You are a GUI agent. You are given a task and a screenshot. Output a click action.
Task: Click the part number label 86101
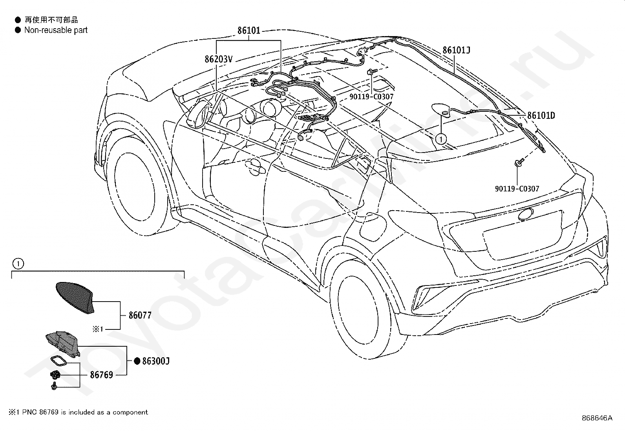[249, 30]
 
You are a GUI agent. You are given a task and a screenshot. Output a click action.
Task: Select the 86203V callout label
[218, 59]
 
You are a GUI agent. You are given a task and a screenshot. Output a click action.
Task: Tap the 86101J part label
[457, 50]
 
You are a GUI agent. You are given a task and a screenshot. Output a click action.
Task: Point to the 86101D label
[541, 115]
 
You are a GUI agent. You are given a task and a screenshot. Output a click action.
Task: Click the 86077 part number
[140, 315]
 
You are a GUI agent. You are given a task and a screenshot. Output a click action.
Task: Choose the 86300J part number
[156, 361]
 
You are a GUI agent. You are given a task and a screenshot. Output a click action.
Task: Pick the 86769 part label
[102, 375]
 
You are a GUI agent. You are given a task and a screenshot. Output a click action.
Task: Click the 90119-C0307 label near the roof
[371, 97]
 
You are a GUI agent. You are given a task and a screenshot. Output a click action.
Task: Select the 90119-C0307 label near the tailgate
[517, 189]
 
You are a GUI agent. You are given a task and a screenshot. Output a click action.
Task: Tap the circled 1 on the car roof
[441, 139]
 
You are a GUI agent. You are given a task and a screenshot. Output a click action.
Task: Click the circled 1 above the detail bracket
[18, 264]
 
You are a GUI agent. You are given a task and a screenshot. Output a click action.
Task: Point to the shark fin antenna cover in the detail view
[76, 298]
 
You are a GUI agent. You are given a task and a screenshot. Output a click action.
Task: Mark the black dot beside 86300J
[137, 361]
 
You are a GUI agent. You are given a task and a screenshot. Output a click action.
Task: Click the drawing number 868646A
[597, 418]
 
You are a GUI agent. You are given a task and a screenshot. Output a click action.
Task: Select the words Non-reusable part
[56, 30]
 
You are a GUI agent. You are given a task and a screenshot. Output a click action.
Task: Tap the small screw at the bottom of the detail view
[54, 386]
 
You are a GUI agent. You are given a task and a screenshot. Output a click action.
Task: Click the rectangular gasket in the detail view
[58, 360]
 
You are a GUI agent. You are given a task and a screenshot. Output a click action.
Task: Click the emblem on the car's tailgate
[526, 215]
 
